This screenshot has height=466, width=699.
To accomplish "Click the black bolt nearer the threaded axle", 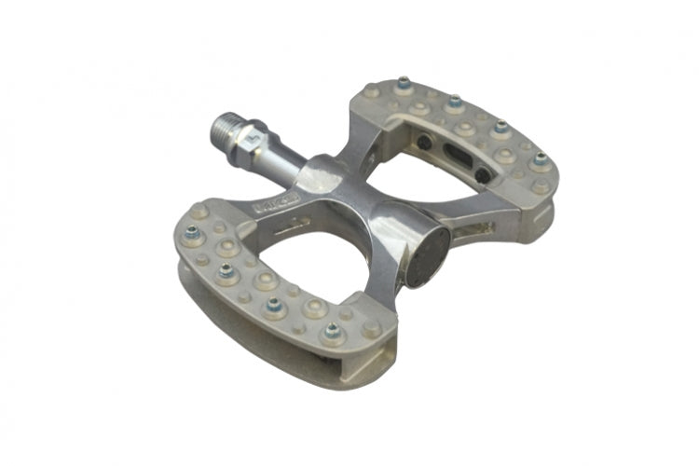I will pyautogui.click(x=425, y=143).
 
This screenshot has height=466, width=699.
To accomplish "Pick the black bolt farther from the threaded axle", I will pyautogui.click(x=482, y=175).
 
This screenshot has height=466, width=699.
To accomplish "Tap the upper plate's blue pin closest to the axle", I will pyautogui.click(x=403, y=84).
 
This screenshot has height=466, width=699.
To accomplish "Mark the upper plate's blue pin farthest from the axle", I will pyautogui.click(x=539, y=159).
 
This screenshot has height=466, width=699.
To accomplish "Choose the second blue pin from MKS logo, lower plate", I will pyautogui.click(x=225, y=271).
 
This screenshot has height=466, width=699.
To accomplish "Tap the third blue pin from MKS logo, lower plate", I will pyautogui.click(x=274, y=304).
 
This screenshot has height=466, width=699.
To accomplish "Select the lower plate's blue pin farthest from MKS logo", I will pyautogui.click(x=332, y=330).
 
